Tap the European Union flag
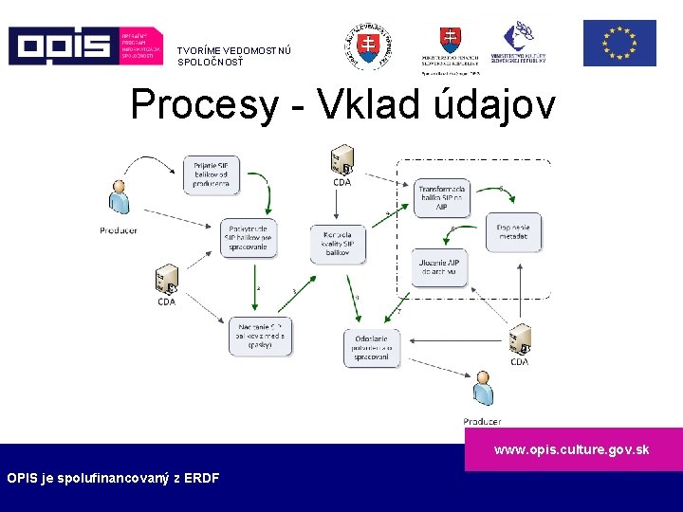[618, 44]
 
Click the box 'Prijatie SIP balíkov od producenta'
[211, 174]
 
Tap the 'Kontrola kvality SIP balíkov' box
[337, 245]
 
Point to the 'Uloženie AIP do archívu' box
[440, 268]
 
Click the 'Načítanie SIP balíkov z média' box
[259, 336]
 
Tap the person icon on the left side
[120, 198]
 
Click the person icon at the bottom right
[483, 390]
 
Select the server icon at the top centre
[341, 160]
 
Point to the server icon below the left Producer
[166, 282]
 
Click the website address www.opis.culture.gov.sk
[571, 449]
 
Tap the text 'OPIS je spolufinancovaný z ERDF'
[113, 478]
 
